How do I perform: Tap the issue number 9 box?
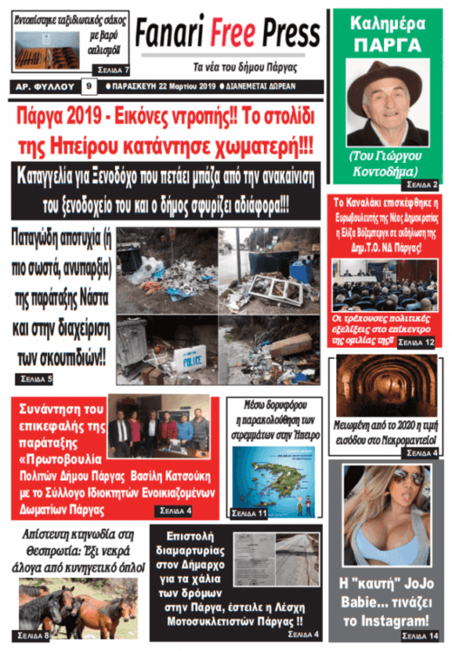click(x=89, y=87)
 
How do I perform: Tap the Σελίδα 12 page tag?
click(x=417, y=343)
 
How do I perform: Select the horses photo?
click(x=72, y=603)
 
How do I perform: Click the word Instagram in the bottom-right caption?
click(x=392, y=620)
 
